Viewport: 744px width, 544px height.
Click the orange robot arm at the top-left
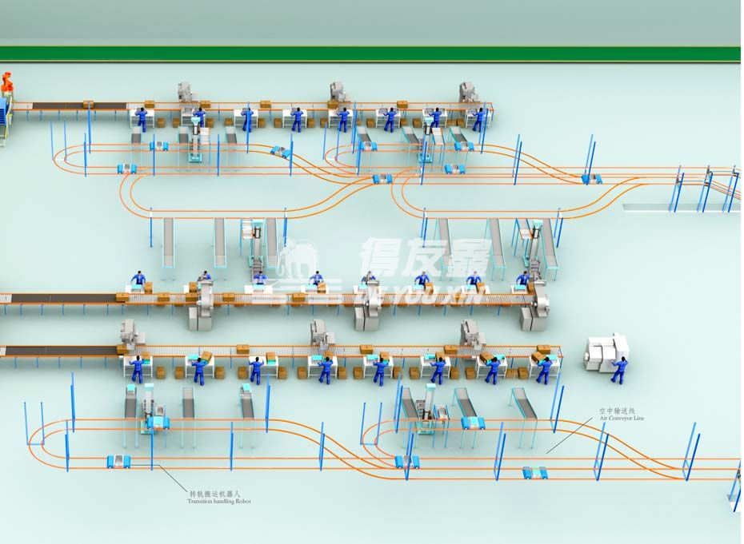coord(7,82)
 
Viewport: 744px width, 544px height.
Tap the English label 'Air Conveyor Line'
coord(621,418)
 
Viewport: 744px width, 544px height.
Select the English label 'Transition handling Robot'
coord(218,501)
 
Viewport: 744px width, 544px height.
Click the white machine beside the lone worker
coord(606,352)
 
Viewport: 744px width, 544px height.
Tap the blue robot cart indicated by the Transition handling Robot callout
coord(118,461)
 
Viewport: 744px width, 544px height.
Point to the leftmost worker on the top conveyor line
coord(142,119)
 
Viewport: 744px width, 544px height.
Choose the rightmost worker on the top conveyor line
coord(478,119)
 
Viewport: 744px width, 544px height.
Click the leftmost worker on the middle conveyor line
coord(138,281)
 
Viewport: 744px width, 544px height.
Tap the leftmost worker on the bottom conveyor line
coord(137,368)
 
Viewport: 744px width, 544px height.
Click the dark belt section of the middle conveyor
coord(64,299)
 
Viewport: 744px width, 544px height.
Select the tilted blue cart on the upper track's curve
coord(279,150)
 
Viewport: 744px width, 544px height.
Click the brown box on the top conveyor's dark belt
coord(88,104)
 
